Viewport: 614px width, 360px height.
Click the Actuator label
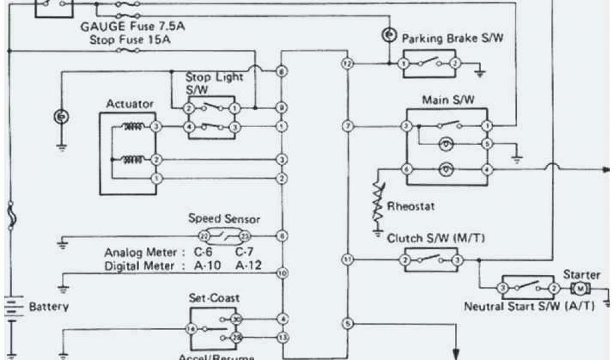click(130, 104)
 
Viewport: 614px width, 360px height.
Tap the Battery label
click(49, 307)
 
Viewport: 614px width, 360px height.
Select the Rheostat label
click(411, 206)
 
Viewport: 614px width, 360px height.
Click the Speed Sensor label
click(224, 219)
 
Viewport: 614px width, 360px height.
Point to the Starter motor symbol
click(580, 289)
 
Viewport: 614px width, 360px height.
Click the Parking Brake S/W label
click(452, 39)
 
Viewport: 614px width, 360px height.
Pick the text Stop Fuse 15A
click(129, 40)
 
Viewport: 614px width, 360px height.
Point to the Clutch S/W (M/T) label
click(436, 238)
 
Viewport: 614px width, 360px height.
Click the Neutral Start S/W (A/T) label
click(529, 306)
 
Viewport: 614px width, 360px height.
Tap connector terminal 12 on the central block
click(347, 63)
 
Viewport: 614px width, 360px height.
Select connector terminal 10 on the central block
click(281, 273)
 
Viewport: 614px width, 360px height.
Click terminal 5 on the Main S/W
click(487, 144)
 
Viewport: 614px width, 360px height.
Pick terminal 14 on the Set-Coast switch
click(191, 329)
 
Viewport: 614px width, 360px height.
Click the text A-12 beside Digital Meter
click(248, 265)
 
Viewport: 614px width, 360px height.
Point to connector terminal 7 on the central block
click(347, 126)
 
